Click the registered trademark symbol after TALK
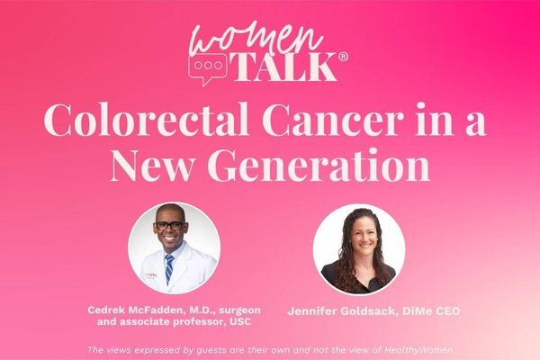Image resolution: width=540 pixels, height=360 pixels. (344, 58)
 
